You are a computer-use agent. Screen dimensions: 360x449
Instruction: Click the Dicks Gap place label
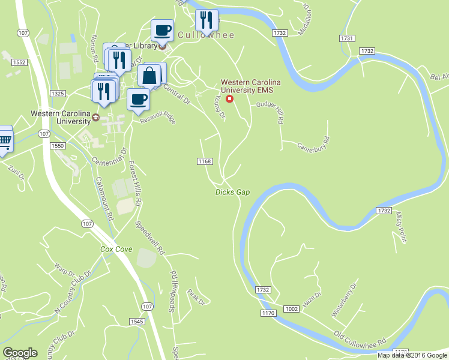232,192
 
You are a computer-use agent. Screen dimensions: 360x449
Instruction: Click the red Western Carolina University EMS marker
229,98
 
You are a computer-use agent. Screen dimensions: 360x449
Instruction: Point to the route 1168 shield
205,161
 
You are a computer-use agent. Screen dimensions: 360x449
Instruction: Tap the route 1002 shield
292,308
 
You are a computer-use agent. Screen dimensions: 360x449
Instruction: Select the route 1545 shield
137,322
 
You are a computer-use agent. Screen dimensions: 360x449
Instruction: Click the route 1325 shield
58,93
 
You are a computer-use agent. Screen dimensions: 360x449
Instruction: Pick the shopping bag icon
149,76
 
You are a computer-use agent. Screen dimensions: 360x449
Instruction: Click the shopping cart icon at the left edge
4,140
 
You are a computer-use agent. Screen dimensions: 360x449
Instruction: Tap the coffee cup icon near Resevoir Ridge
139,99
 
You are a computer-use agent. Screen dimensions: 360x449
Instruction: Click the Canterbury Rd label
314,146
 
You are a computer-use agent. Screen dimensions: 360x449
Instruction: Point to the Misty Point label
401,228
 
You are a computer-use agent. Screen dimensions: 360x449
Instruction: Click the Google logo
20,353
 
